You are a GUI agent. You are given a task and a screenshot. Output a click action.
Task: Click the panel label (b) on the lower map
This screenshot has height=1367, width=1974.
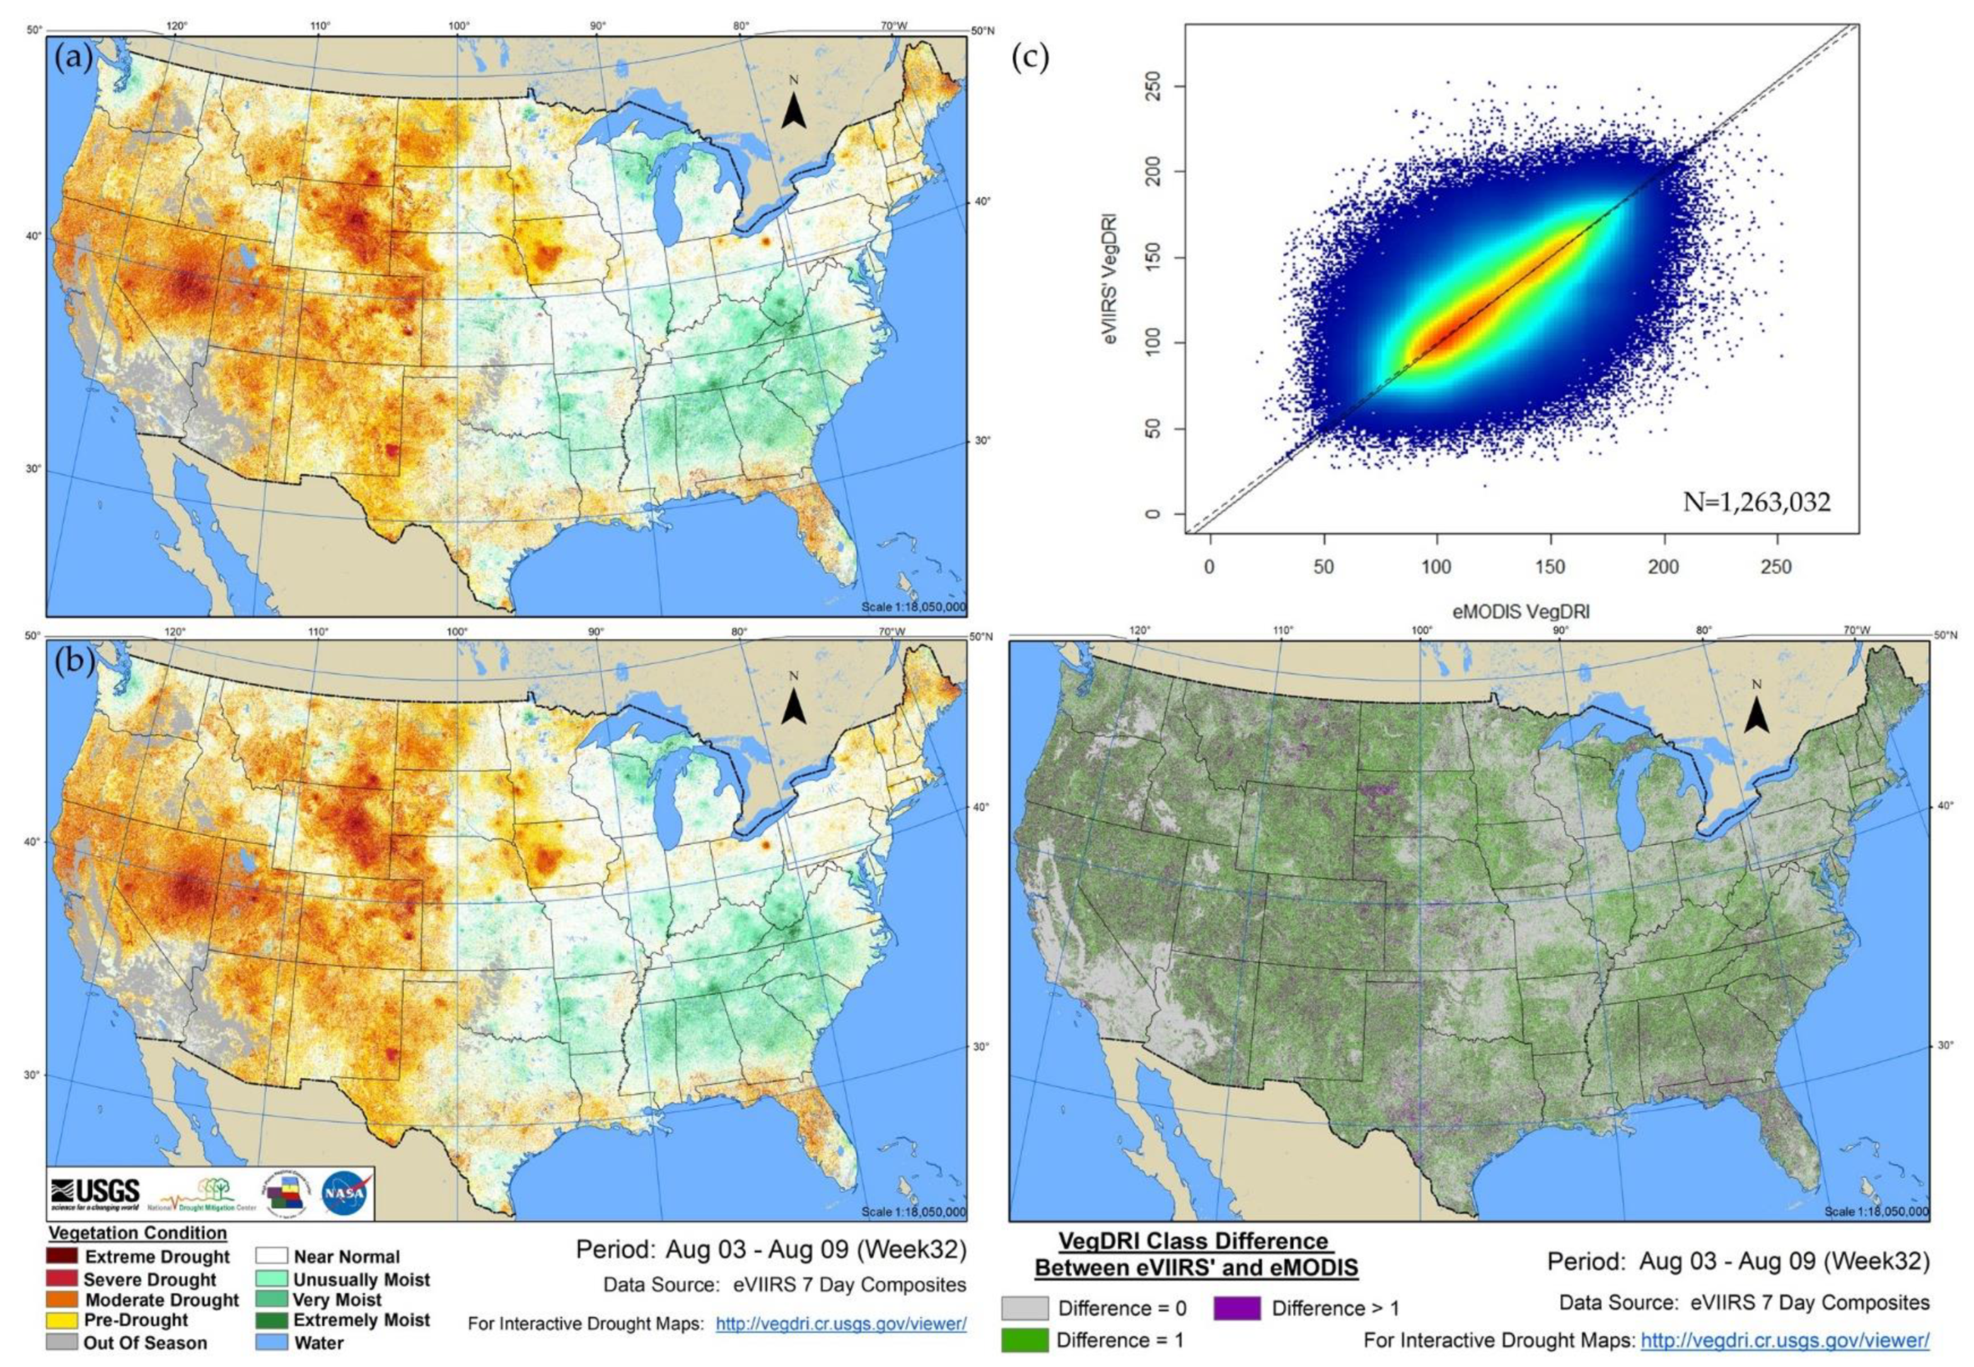(74, 664)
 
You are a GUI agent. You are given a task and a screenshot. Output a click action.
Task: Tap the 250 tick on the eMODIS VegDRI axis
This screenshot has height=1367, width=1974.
(1775, 567)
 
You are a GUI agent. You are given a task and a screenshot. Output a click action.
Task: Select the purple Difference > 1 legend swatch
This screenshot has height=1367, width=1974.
(1236, 1308)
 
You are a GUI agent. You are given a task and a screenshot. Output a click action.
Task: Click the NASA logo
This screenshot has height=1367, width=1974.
(346, 1192)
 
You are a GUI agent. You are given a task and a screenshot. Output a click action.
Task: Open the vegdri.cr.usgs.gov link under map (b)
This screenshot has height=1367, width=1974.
(840, 1324)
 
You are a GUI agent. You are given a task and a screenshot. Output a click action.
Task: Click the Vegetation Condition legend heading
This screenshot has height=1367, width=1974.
(138, 1233)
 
